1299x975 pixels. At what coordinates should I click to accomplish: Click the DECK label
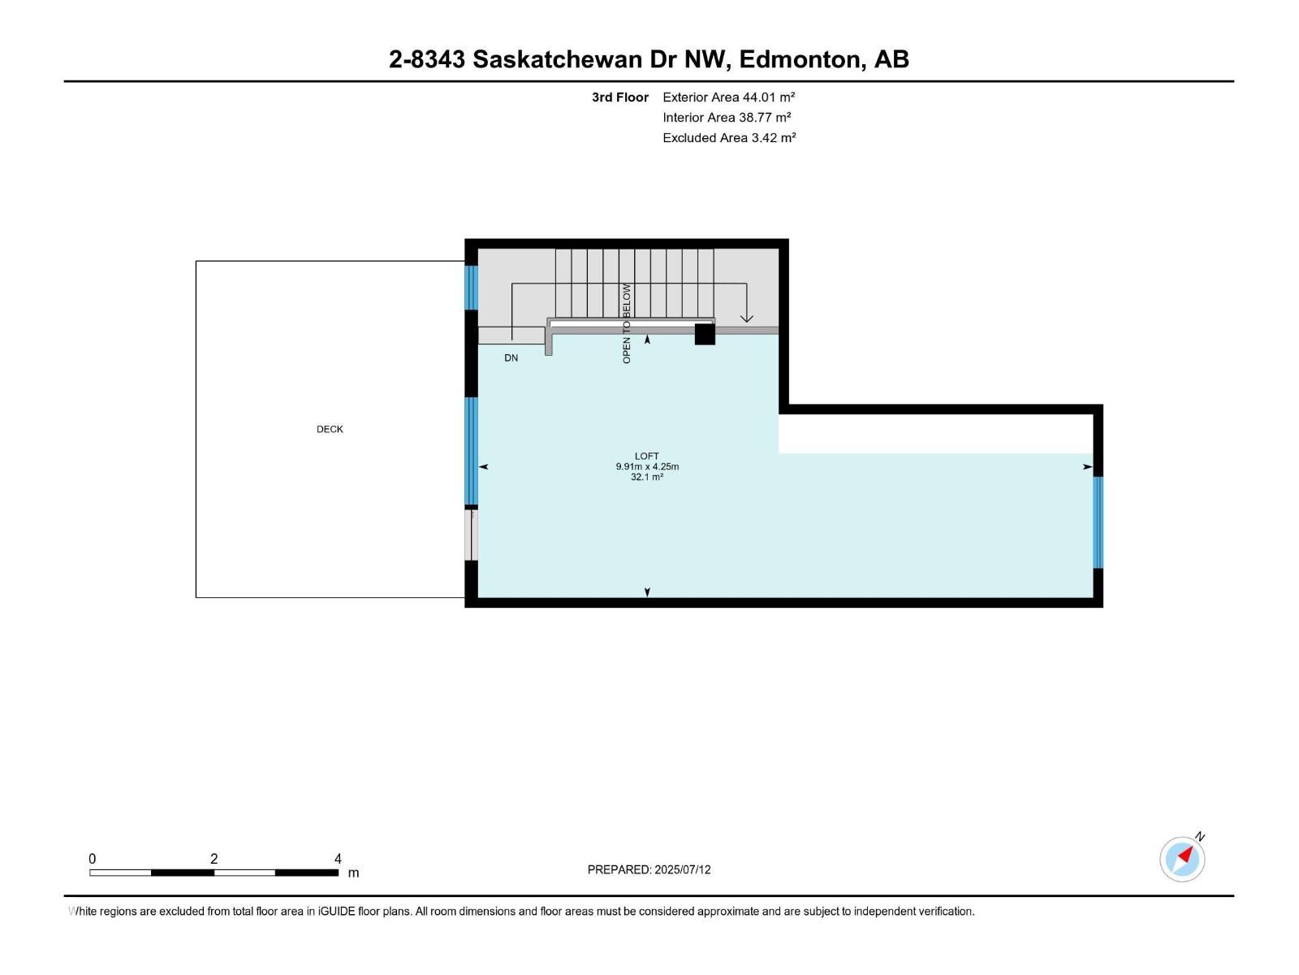tap(330, 429)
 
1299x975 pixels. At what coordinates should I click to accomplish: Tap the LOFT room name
tap(647, 456)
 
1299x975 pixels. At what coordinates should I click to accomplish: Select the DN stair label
tap(511, 358)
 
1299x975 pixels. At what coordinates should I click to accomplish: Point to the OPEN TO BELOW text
tap(627, 323)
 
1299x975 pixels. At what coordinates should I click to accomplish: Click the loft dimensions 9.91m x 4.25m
tap(647, 466)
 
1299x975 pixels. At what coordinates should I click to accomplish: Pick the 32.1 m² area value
tap(647, 477)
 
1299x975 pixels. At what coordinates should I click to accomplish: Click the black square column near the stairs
tap(705, 334)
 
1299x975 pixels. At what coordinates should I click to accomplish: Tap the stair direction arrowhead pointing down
tap(746, 318)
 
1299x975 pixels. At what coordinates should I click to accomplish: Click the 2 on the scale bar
tap(214, 859)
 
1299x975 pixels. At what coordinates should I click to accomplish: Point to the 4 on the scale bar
tap(338, 859)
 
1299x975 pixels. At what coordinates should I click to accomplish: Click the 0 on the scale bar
tap(93, 859)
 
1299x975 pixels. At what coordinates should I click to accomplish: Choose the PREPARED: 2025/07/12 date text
tap(649, 869)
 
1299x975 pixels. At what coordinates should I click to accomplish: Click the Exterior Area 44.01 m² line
tap(728, 97)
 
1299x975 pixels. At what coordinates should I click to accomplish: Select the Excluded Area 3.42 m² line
tap(728, 137)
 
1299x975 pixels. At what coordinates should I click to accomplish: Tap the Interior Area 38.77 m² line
tap(727, 117)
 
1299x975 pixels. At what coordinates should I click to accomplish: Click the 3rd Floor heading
tap(620, 97)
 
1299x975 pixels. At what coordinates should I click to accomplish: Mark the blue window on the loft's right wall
tap(1098, 522)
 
